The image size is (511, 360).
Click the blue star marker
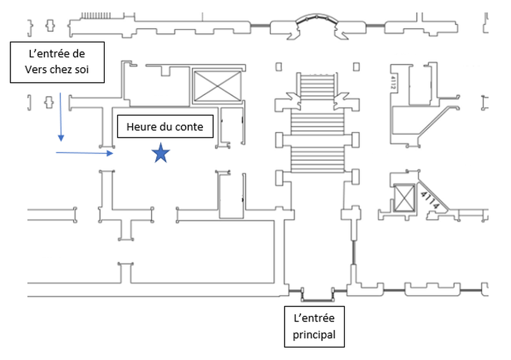161,153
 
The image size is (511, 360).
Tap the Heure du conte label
165,127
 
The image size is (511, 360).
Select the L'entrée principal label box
314,326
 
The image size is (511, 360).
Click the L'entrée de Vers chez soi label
57,62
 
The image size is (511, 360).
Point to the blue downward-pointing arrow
61,117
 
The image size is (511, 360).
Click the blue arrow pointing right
85,153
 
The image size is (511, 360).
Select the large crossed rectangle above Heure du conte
217,85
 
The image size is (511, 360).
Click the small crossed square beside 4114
405,198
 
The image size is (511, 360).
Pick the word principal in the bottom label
315,335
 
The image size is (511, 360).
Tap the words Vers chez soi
57,70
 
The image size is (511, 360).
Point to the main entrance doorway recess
318,294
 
